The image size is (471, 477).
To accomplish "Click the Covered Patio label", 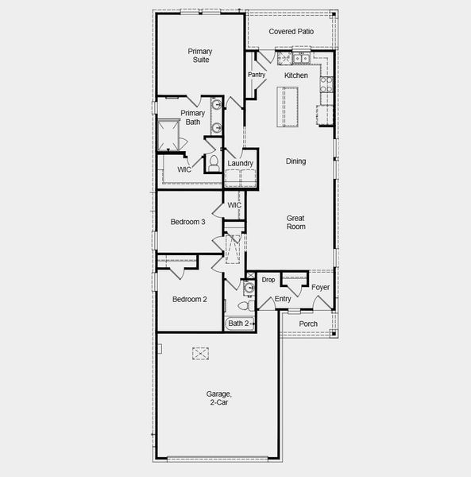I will pyautogui.click(x=291, y=32).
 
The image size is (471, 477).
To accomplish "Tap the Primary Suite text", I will pyautogui.click(x=200, y=55).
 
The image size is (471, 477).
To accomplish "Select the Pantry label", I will pyautogui.click(x=257, y=75).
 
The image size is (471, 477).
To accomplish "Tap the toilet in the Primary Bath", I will pyautogui.click(x=214, y=164).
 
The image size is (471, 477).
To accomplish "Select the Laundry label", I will pyautogui.click(x=240, y=164).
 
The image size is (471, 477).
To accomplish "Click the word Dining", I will pyautogui.click(x=295, y=161).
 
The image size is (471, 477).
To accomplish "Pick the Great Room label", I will pyautogui.click(x=295, y=222).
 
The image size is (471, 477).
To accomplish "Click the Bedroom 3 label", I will pyautogui.click(x=188, y=222).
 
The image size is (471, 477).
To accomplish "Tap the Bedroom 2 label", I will pyautogui.click(x=189, y=300).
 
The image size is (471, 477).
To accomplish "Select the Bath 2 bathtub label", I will pyautogui.click(x=239, y=324).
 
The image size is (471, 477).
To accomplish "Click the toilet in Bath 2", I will pyautogui.click(x=248, y=304).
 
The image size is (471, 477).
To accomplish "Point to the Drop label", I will pyautogui.click(x=268, y=280).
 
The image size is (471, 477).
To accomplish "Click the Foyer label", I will pyautogui.click(x=320, y=288).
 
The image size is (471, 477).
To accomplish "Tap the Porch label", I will pyautogui.click(x=308, y=324).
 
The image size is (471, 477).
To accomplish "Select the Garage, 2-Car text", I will pyautogui.click(x=218, y=398).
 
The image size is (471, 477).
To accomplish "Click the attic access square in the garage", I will pyautogui.click(x=201, y=353).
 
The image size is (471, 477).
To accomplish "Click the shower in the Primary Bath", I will pyautogui.click(x=168, y=135).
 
